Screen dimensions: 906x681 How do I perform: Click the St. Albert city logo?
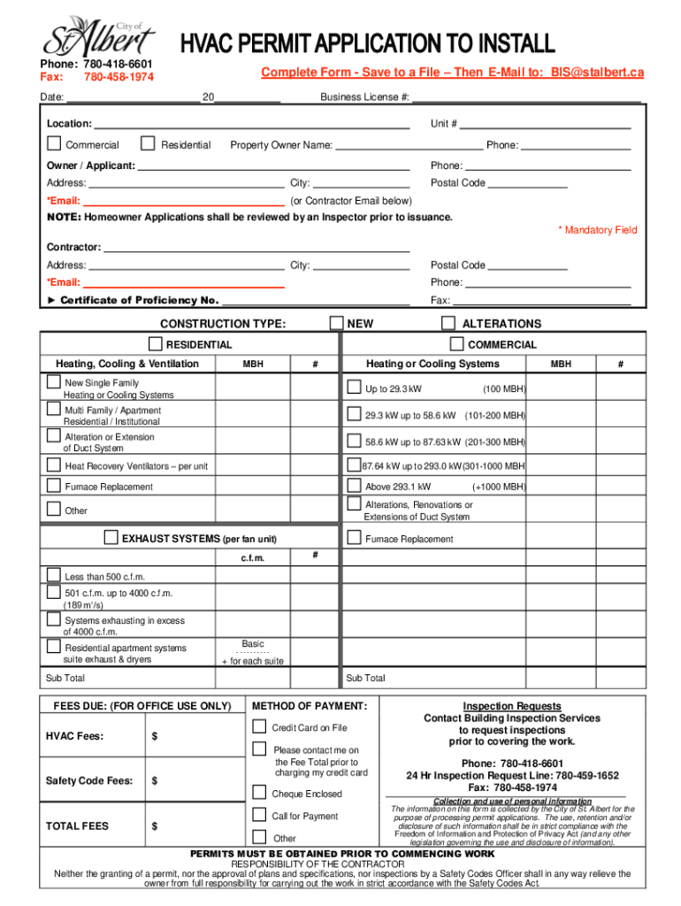click(99, 36)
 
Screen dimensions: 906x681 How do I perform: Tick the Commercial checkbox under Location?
click(54, 143)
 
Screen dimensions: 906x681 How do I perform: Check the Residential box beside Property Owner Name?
click(146, 143)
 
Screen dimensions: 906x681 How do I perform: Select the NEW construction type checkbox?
click(336, 323)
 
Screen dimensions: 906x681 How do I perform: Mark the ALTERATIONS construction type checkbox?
click(448, 323)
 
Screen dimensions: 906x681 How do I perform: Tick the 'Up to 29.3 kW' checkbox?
click(354, 388)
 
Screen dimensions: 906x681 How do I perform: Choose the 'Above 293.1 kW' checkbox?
click(354, 486)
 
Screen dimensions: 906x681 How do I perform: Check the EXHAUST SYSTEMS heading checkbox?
click(111, 538)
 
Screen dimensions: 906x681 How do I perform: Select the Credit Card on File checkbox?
click(259, 726)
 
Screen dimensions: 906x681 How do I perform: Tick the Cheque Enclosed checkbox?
click(259, 793)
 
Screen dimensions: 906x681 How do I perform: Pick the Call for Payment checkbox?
click(259, 815)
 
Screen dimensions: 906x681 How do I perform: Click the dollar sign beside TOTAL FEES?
click(155, 826)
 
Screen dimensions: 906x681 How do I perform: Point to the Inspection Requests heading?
click(512, 706)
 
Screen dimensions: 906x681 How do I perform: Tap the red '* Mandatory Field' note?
click(597, 230)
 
